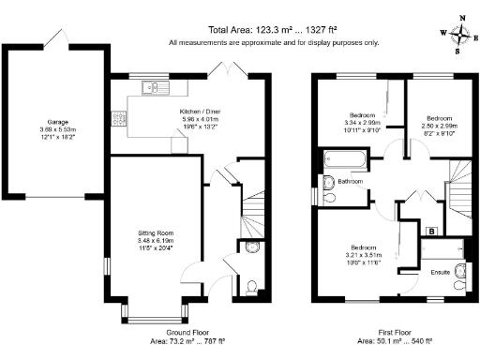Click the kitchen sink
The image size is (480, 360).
[x=151, y=88]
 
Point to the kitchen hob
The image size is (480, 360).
[x=118, y=119]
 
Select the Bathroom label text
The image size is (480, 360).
[x=351, y=180]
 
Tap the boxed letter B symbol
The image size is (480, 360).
[x=430, y=230]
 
